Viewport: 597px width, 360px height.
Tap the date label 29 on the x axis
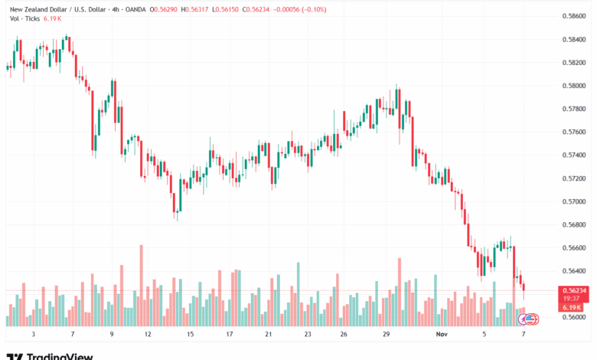(x=387, y=335)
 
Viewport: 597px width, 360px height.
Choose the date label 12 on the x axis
(x=147, y=335)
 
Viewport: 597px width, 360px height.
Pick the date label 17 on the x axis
(x=229, y=335)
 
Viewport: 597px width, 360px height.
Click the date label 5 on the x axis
(x=484, y=335)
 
